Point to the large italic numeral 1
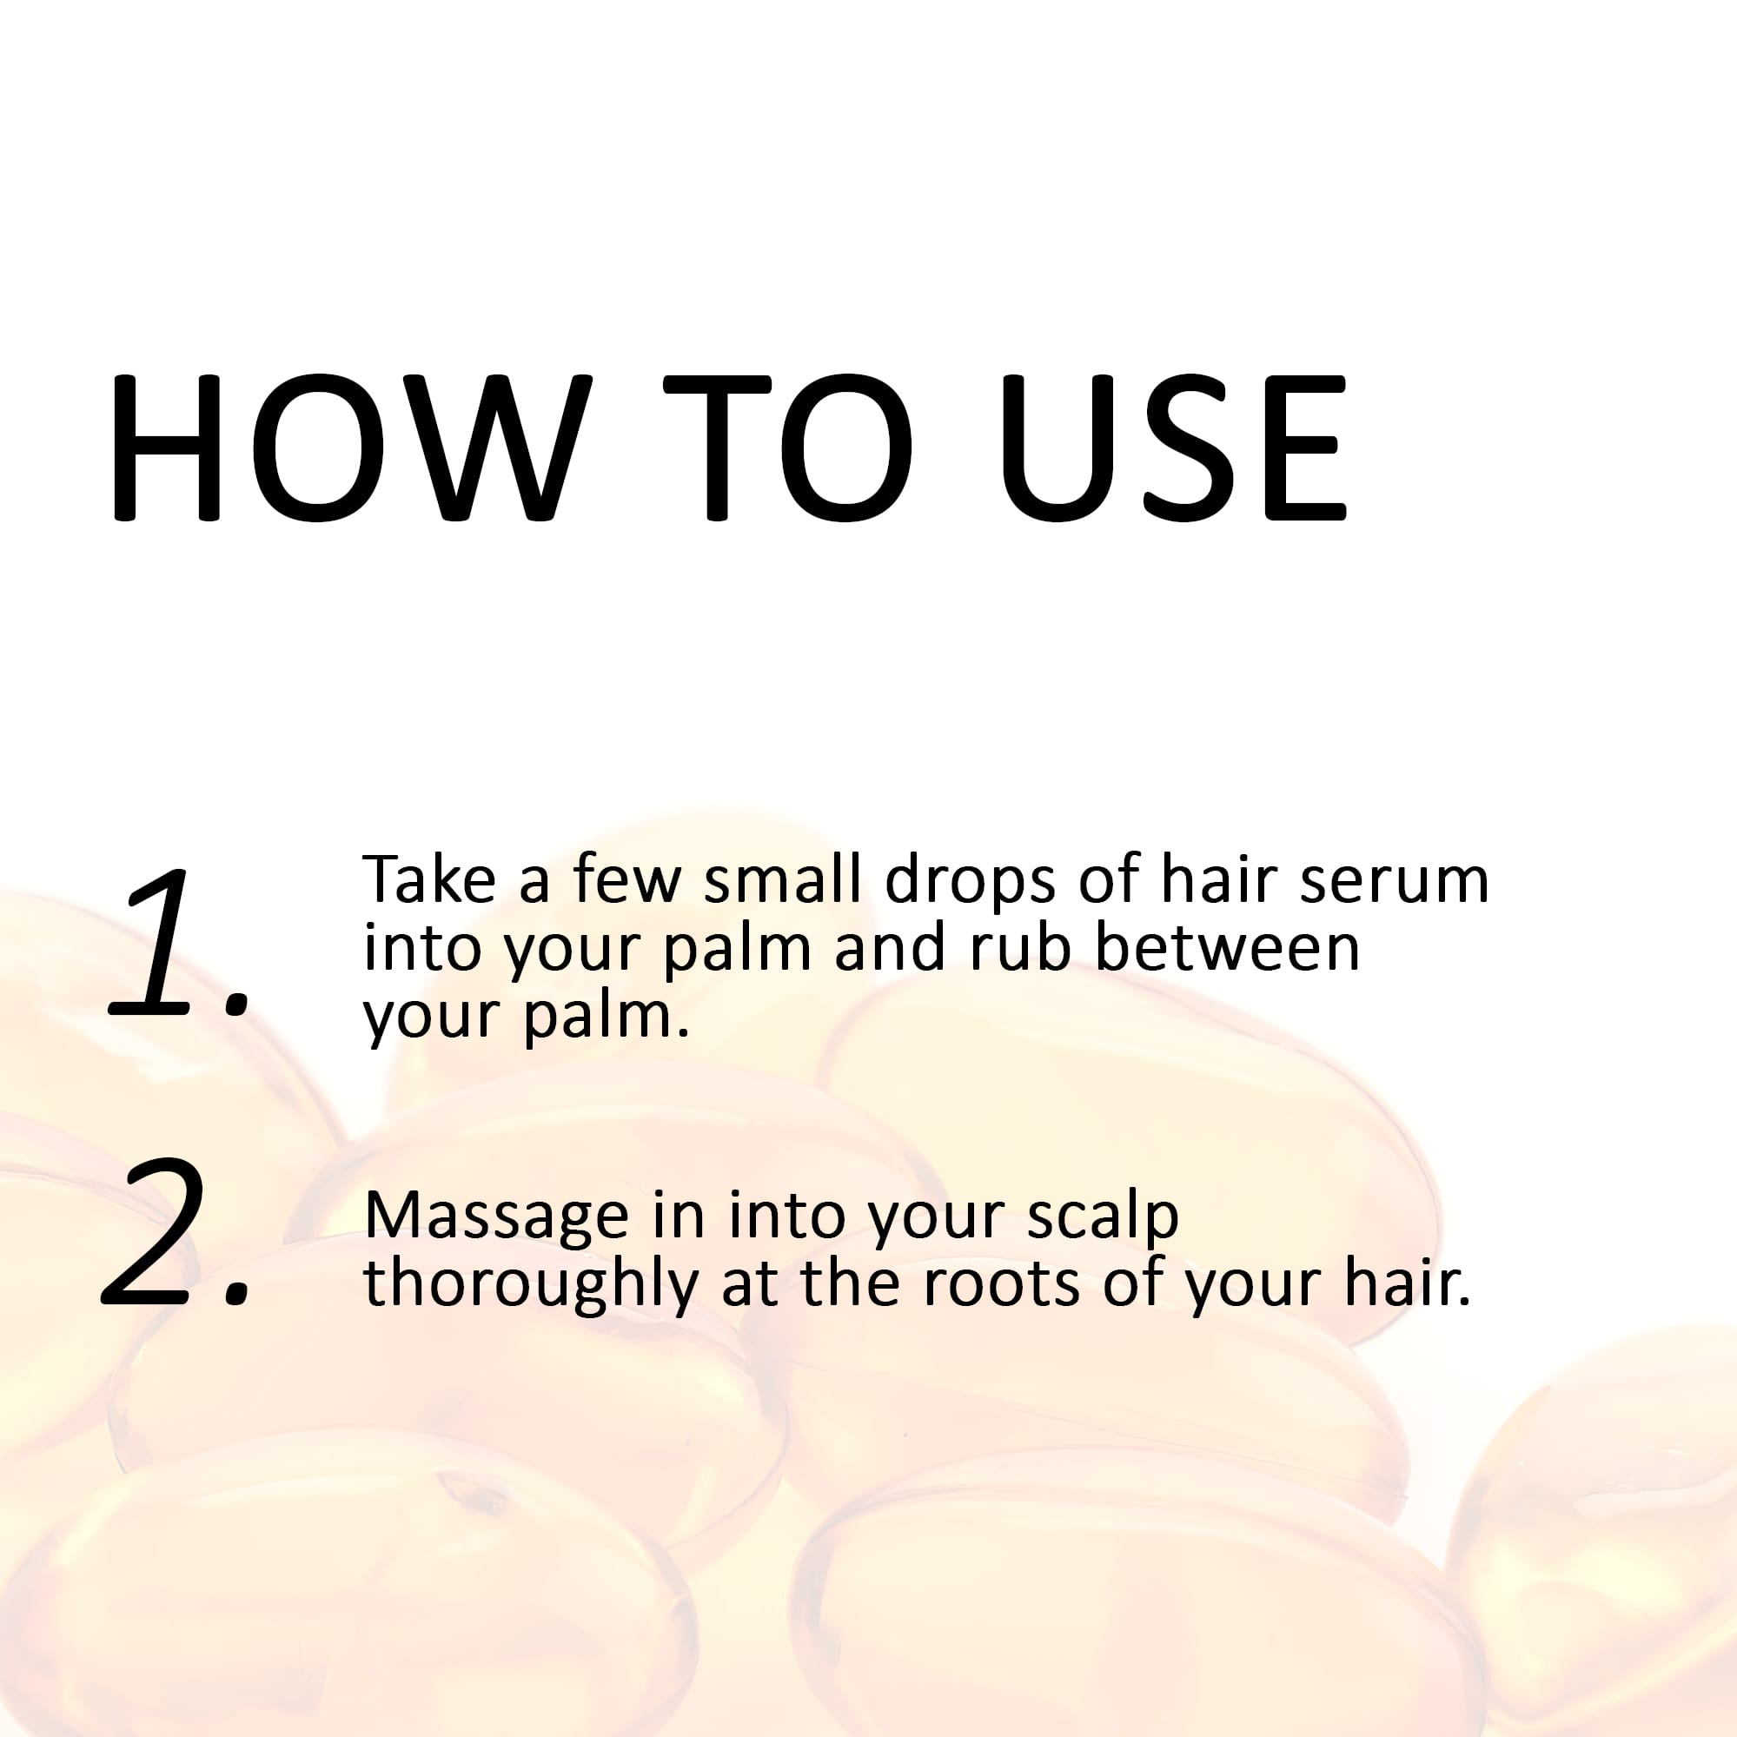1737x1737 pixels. click(x=162, y=944)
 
